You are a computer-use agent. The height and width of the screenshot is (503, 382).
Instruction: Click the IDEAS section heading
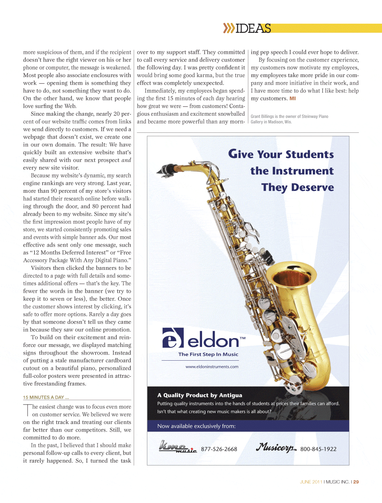pos(254,29)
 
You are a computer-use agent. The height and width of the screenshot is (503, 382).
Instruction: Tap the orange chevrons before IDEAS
pos(228,28)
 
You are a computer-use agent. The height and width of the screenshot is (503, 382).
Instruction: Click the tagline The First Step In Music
pos(208,354)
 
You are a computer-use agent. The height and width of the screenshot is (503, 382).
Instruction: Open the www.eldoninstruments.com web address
pos(212,367)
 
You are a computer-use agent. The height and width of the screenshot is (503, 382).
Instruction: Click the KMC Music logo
pos(178,447)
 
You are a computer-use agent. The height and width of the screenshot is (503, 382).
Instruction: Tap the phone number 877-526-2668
pos(219,449)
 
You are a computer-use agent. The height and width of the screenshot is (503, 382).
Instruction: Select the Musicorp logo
pos(276,447)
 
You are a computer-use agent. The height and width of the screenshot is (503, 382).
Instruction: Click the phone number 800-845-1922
pos(318,449)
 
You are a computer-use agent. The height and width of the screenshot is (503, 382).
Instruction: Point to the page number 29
pos(356,482)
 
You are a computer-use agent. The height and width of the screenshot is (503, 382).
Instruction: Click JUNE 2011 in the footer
pos(311,482)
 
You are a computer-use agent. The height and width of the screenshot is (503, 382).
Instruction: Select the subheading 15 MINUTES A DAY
pos(46,397)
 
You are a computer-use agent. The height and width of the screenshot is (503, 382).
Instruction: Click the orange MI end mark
pos(293,98)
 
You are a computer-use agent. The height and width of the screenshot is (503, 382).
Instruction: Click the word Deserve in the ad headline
pos(312,187)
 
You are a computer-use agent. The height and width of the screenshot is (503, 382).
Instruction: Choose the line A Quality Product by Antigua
pos(200,395)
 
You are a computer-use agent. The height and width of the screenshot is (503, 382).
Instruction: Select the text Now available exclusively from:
pos(196,426)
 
